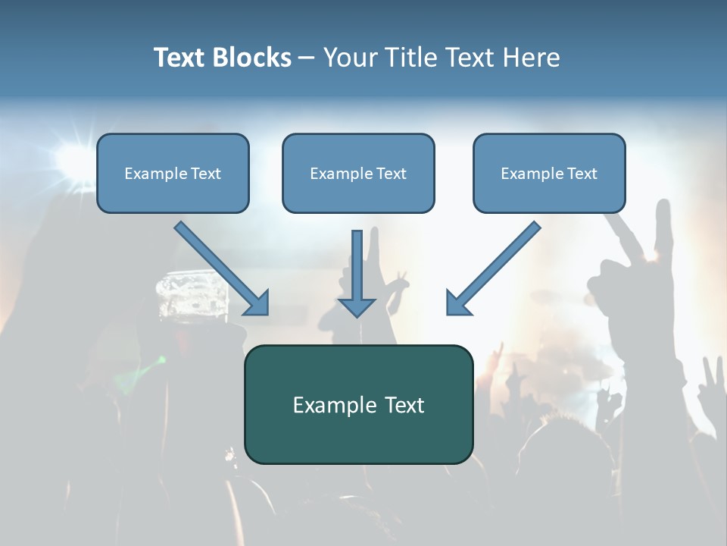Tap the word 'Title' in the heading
pos(410,58)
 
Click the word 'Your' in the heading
pos(351,58)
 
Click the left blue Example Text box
pos(173,174)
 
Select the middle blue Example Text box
pos(358,174)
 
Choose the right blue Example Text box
pos(549,174)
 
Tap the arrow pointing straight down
pos(357,273)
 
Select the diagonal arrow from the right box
pos(493,268)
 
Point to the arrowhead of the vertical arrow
pos(357,307)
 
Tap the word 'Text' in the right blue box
pos(582,174)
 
